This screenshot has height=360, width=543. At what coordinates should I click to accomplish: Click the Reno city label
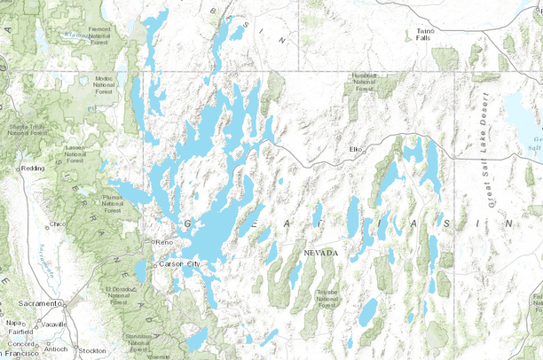tap(164, 242)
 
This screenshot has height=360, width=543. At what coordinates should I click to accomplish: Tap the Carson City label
tap(181, 264)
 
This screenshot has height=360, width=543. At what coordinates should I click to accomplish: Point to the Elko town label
tap(358, 149)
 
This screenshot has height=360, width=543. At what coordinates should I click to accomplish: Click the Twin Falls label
tap(425, 34)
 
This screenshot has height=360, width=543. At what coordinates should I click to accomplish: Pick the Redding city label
tap(34, 167)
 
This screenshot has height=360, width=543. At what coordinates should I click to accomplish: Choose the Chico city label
tap(59, 223)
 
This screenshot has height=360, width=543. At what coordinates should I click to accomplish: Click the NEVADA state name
tap(320, 253)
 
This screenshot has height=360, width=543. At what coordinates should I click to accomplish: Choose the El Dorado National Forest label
tap(119, 294)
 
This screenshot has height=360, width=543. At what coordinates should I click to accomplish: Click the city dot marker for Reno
tap(152, 242)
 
